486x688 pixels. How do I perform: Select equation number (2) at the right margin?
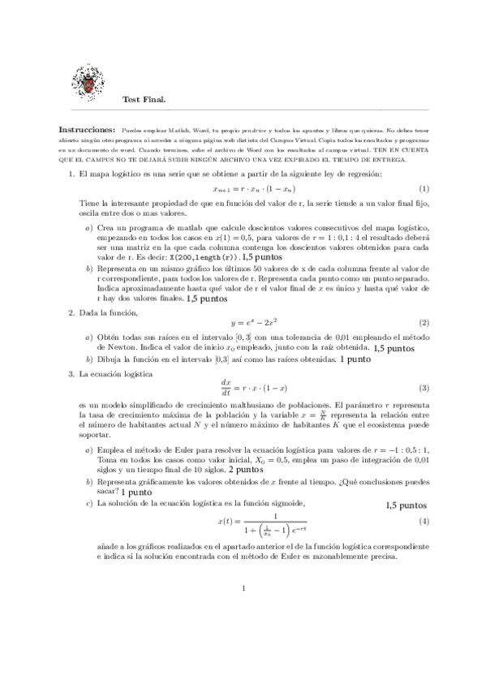(424, 323)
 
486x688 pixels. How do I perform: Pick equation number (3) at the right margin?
(424, 388)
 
